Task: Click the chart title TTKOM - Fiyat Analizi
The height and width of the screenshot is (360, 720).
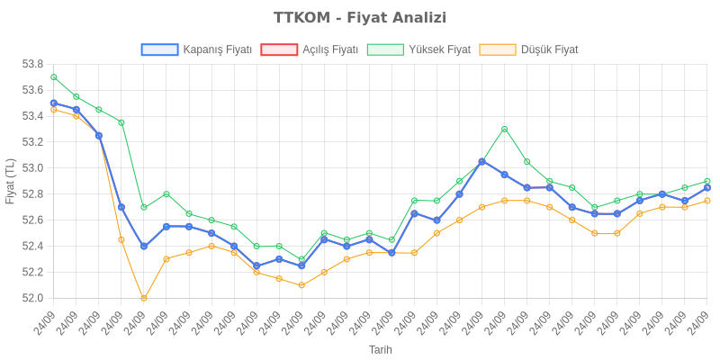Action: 360,18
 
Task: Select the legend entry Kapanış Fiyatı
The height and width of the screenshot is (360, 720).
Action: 196,49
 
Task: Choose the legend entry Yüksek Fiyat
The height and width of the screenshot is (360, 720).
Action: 419,49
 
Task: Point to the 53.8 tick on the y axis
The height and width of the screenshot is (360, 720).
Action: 32,64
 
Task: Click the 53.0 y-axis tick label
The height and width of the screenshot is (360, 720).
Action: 32,168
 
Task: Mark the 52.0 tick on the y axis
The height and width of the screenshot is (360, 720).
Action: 32,298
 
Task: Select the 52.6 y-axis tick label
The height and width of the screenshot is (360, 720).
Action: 32,220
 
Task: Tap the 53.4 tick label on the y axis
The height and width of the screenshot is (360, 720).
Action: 32,116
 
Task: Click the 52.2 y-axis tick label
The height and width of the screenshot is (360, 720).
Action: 32,272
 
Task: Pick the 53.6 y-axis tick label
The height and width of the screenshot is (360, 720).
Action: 32,90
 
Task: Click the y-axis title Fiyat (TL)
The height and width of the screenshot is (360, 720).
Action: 10,181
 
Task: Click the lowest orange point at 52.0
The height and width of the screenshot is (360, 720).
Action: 144,298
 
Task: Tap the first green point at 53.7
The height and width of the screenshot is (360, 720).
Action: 54,77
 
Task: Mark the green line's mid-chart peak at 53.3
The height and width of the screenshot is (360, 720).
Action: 504,129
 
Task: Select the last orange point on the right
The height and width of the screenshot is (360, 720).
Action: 707,201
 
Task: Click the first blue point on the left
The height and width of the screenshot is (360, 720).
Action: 54,103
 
